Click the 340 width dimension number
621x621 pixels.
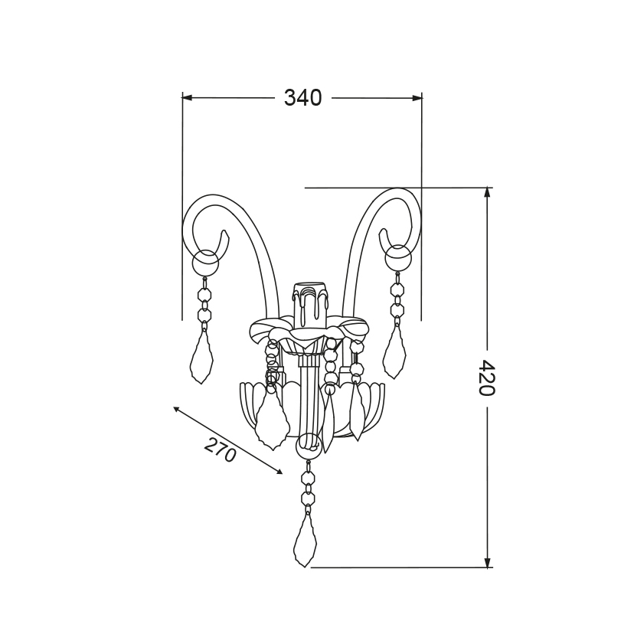pos(303,98)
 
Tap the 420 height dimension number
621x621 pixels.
pos(486,378)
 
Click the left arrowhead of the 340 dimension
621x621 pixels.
pos(187,97)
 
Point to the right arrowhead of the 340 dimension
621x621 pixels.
pos(417,98)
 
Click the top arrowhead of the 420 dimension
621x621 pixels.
pos(488,192)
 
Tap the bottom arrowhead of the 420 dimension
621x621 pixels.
pos(488,562)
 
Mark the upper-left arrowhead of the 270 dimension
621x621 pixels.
pos(178,410)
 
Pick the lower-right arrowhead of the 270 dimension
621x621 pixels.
pos(279,471)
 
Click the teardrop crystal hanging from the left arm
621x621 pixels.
pos(201,356)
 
